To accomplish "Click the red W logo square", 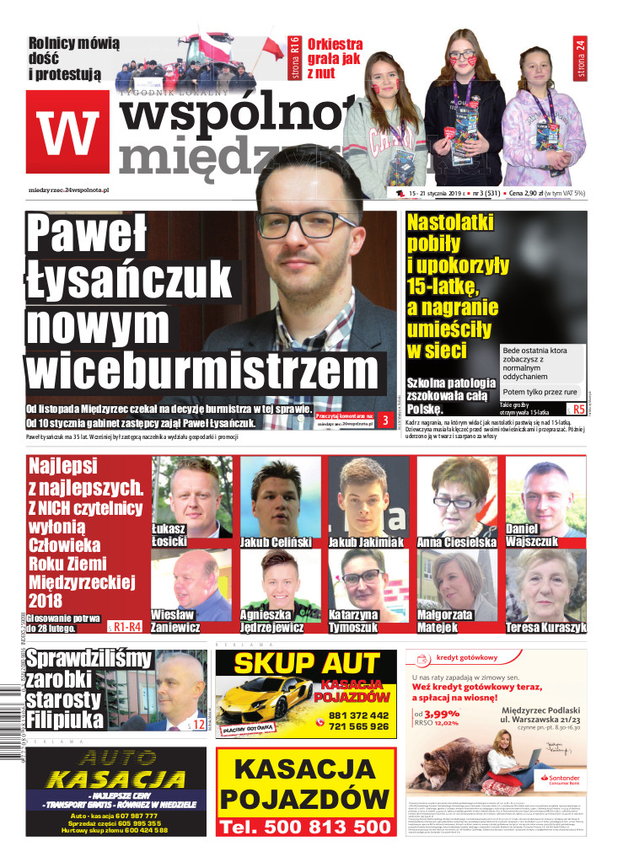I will (x=68, y=131).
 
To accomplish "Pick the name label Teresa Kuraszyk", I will (x=545, y=628).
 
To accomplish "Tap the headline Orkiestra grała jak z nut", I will (x=335, y=58).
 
